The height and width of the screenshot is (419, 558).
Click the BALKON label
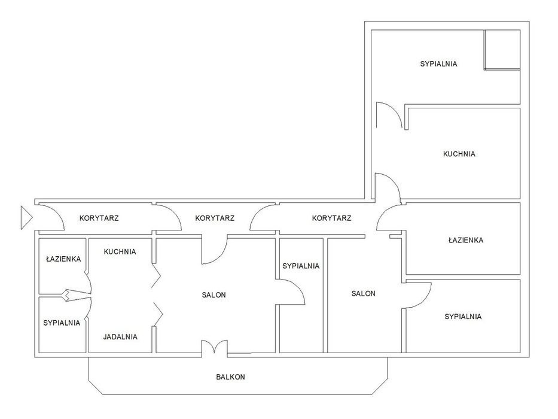tap(231, 377)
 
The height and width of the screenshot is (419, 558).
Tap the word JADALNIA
tap(120, 336)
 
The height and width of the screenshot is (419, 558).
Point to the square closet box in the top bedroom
tap(502, 50)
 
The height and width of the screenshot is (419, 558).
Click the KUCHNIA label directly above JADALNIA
tap(120, 251)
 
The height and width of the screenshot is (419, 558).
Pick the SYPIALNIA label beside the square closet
tap(438, 64)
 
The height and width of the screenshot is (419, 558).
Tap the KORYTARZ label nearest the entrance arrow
tap(99, 218)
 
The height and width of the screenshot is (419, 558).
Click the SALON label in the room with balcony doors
tap(214, 295)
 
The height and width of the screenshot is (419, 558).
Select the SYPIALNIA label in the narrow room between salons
tap(301, 266)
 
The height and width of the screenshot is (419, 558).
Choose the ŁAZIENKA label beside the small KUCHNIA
tap(63, 259)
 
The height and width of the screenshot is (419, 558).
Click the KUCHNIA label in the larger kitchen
tap(459, 154)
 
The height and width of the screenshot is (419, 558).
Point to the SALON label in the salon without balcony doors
tap(364, 293)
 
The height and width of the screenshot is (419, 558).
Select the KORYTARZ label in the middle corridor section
tap(215, 218)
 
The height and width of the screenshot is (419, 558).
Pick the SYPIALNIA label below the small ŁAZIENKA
tap(62, 323)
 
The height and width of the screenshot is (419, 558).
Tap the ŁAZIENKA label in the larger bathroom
tap(466, 240)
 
